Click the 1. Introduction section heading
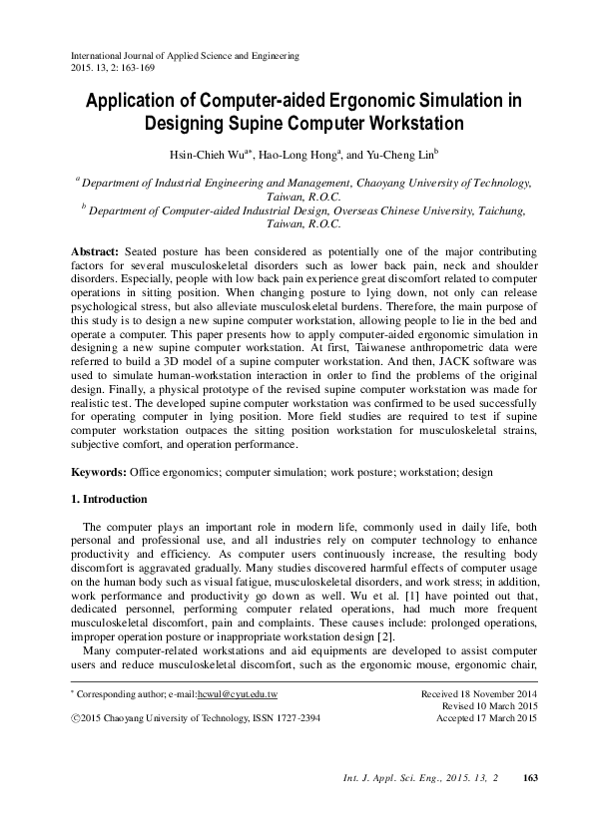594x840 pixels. point(110,499)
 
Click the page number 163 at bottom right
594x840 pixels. point(531,805)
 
